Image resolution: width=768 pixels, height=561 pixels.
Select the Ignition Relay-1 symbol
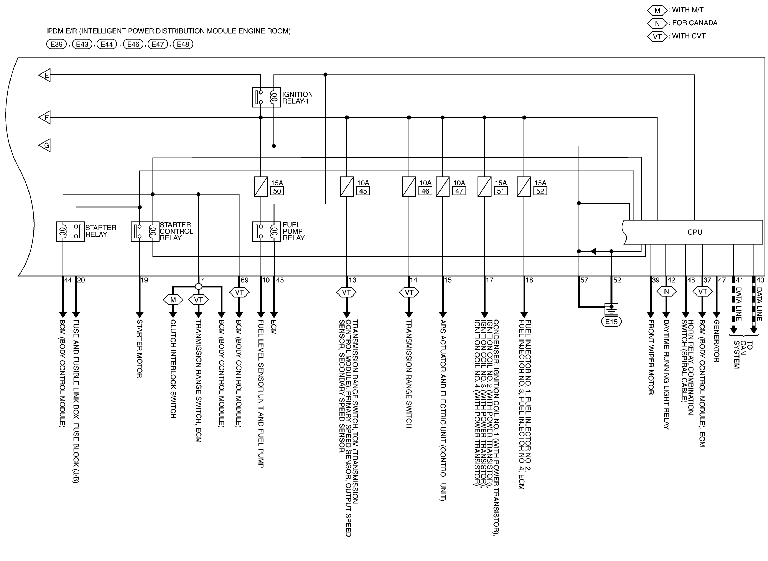(x=266, y=97)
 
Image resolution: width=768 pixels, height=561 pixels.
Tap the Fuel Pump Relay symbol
(x=267, y=232)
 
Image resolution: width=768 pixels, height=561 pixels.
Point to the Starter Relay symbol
(x=70, y=232)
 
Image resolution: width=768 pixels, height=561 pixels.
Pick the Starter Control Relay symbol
(x=145, y=232)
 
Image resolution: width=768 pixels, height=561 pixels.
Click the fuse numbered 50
(x=261, y=187)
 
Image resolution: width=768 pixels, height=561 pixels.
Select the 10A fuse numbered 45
(x=346, y=187)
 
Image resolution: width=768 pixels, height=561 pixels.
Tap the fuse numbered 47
(x=443, y=187)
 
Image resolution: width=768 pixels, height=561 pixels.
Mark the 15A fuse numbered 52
(x=524, y=187)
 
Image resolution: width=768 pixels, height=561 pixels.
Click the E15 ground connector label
(x=611, y=322)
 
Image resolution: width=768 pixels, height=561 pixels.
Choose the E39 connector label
(x=56, y=44)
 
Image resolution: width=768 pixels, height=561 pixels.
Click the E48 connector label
(x=183, y=44)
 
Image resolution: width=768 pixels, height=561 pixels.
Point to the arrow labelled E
(x=45, y=75)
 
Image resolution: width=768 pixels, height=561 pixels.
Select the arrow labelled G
(x=45, y=145)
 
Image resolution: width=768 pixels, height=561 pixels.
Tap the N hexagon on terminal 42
(x=666, y=291)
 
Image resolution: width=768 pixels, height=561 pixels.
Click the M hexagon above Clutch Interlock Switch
(x=173, y=300)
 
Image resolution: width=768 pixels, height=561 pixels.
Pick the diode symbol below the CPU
(x=593, y=251)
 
